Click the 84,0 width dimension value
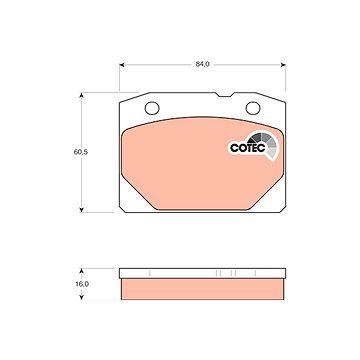click(x=202, y=64)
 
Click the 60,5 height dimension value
click(x=81, y=152)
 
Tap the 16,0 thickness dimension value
click(x=82, y=284)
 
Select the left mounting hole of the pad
click(x=152, y=108)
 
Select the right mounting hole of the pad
click(x=253, y=108)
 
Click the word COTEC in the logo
click(x=248, y=148)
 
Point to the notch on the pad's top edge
click(x=224, y=95)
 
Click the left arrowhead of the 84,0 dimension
click(x=122, y=65)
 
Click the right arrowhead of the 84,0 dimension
click(x=283, y=65)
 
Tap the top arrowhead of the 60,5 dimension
click(x=81, y=95)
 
